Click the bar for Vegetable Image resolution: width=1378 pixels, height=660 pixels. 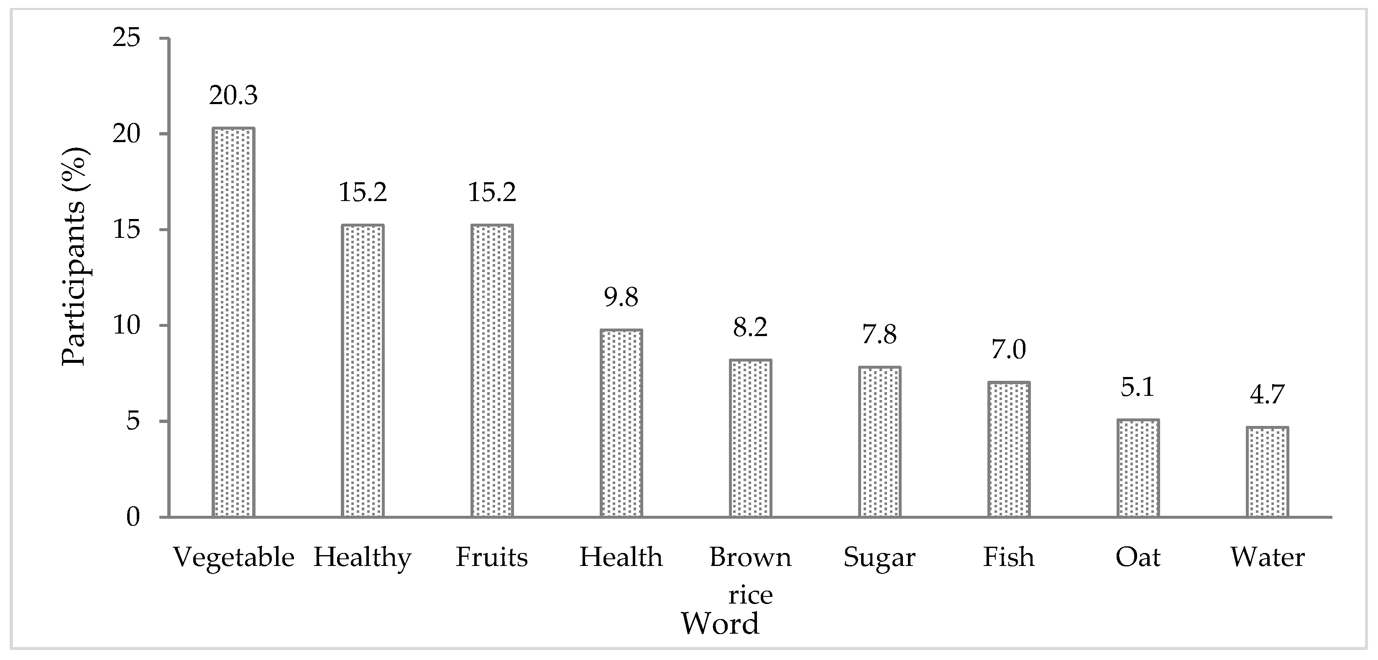pyautogui.click(x=233, y=323)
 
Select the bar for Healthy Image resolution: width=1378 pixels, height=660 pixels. pyautogui.click(x=362, y=371)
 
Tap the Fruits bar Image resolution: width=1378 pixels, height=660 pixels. pyautogui.click(x=492, y=371)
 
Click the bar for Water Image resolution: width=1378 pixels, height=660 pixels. pyautogui.click(x=1267, y=472)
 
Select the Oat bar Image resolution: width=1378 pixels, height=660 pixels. pyautogui.click(x=1138, y=468)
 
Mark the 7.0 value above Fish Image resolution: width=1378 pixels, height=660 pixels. pyautogui.click(x=1008, y=350)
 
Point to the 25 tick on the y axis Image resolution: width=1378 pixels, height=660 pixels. pyautogui.click(x=126, y=38)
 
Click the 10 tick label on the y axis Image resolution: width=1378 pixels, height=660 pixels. pyautogui.click(x=126, y=325)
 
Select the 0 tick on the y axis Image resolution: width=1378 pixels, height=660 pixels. pyautogui.click(x=133, y=517)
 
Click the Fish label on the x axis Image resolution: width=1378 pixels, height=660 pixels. pyautogui.click(x=1008, y=557)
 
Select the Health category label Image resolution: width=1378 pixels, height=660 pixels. pyautogui.click(x=621, y=557)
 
